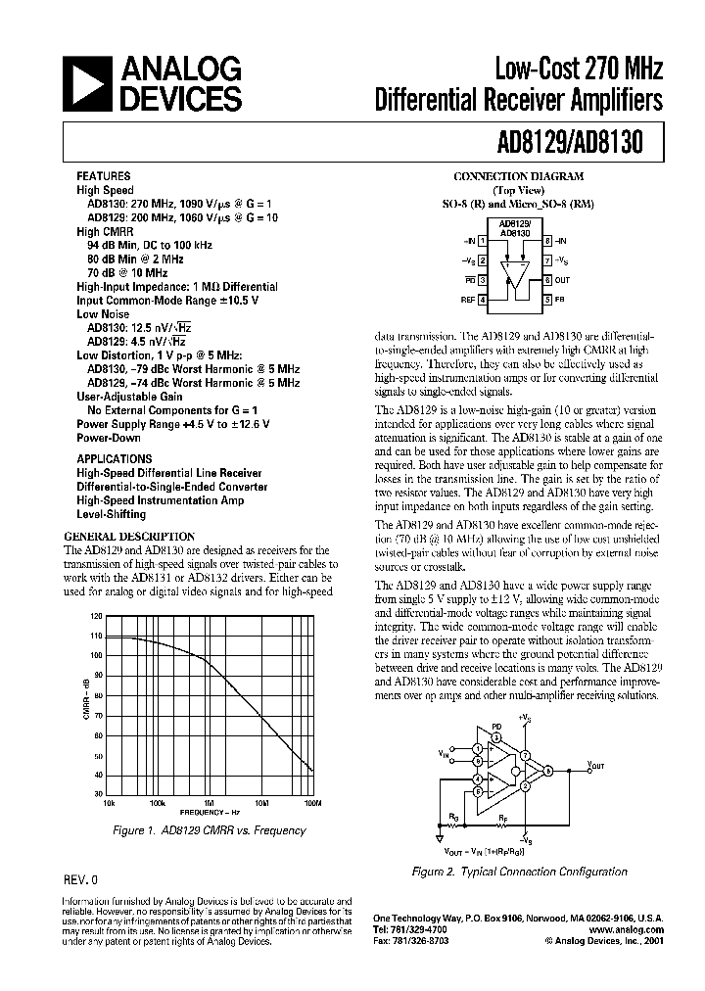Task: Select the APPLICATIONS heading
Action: pos(114,457)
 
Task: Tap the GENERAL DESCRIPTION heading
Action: pos(128,537)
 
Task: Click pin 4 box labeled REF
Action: pos(483,298)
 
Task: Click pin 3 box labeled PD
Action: pos(483,279)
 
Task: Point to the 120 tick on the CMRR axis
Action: pos(95,616)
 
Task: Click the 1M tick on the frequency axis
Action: pos(209,802)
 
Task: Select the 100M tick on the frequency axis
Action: pos(312,802)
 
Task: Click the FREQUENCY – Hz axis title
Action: pos(208,812)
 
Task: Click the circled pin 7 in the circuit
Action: pos(525,755)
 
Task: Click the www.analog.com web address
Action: pos(628,929)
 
